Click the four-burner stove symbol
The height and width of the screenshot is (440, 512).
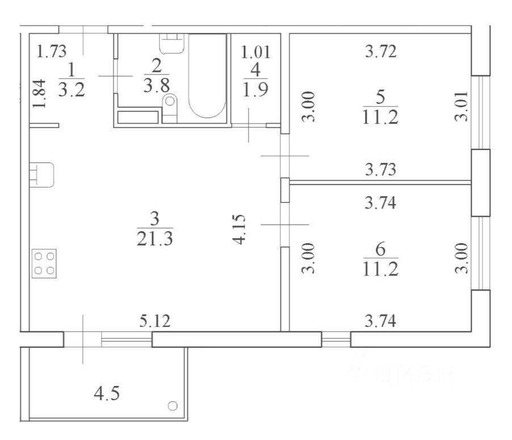(44, 263)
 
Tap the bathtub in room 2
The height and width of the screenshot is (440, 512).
(207, 76)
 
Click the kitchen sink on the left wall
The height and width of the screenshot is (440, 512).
(41, 175)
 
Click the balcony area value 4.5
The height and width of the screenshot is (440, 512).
(107, 393)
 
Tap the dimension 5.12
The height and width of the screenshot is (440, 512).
(155, 321)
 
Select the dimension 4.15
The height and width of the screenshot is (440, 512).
(239, 229)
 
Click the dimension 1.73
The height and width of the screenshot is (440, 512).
(51, 51)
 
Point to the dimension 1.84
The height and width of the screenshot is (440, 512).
(40, 94)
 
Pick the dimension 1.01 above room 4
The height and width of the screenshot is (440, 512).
(255, 52)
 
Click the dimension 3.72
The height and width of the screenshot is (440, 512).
(381, 51)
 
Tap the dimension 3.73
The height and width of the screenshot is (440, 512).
(381, 169)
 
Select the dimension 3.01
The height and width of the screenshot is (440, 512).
(461, 106)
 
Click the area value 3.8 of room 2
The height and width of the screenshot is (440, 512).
(157, 85)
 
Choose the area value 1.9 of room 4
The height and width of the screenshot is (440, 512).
(255, 89)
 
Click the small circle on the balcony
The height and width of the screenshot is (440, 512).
(173, 406)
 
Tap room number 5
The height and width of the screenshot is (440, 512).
(380, 97)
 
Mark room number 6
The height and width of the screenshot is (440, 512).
(380, 250)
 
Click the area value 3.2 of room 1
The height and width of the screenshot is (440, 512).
(72, 89)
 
